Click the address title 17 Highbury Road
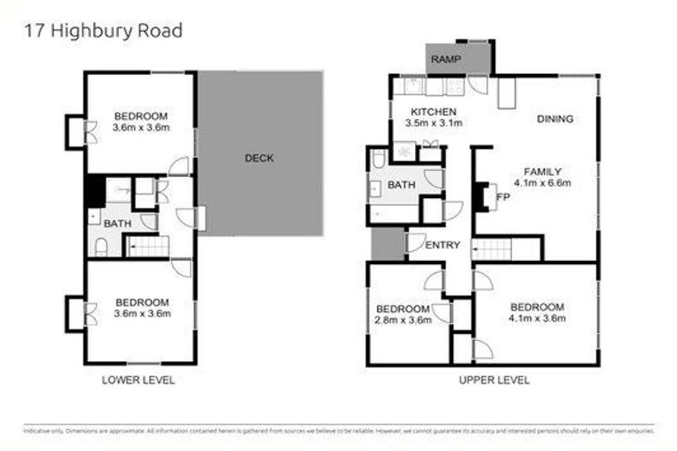pos(103,31)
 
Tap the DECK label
pos(259,159)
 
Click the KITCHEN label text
pos(435,112)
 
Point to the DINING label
pos(554,119)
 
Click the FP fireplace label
pos(503,197)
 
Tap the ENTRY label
pos(443,245)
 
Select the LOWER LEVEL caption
pos(138,380)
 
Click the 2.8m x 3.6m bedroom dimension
pos(404,321)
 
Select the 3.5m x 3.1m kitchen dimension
pos(433,124)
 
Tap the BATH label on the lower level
pos(117,224)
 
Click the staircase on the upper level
pos(493,249)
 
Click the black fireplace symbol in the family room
pos(480,196)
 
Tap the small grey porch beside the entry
pos(386,243)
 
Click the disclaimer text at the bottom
pos(338,431)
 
